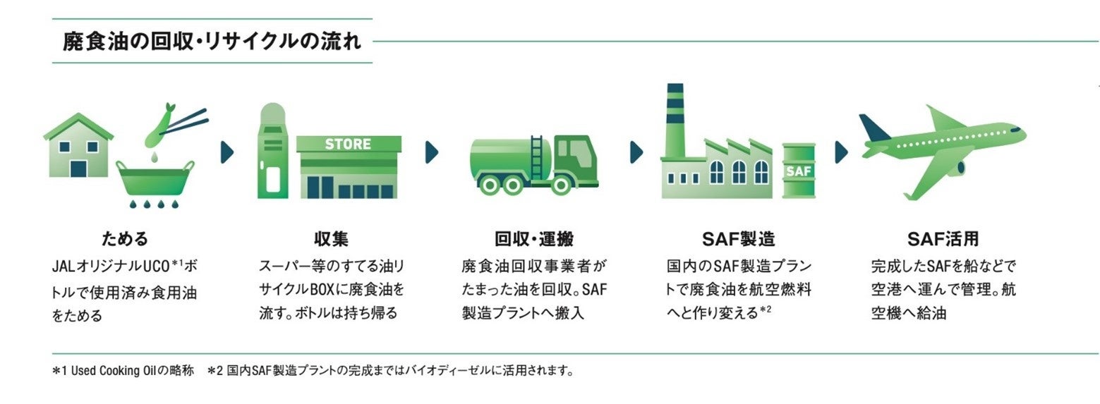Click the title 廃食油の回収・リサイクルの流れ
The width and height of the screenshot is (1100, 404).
[x=212, y=41]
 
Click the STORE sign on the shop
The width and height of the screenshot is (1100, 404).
[x=348, y=145]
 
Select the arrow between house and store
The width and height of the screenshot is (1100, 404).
[x=227, y=152]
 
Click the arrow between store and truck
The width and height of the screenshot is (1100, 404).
[x=432, y=152]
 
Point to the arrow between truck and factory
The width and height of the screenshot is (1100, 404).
[x=636, y=152]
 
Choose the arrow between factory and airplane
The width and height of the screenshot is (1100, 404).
[x=841, y=152]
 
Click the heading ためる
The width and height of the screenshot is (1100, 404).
[x=125, y=238]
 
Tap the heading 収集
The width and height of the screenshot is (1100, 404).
[x=331, y=238]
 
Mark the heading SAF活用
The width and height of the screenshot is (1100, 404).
[x=943, y=238]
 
